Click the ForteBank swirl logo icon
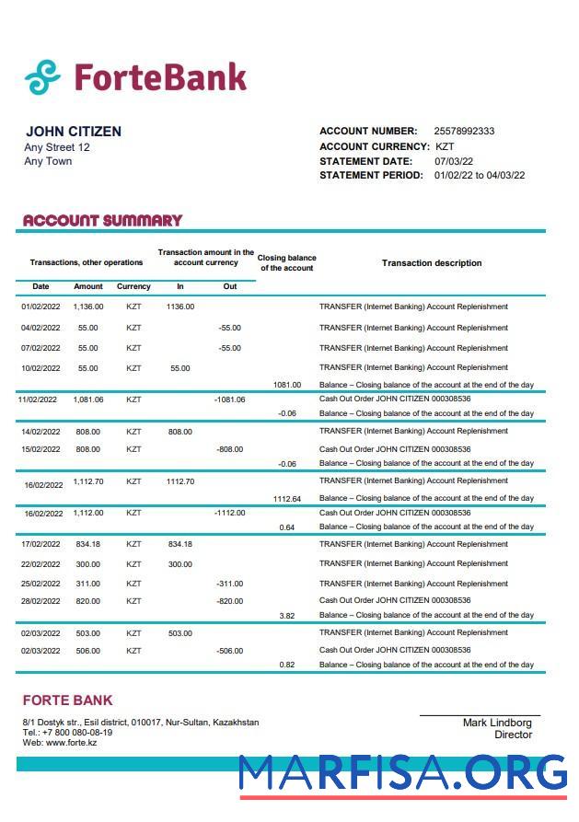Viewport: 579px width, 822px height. pos(42,77)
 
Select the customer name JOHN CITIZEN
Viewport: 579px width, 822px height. pos(74,132)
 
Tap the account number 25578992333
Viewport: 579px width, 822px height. pos(464,131)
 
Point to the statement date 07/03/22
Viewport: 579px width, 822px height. pos(453,161)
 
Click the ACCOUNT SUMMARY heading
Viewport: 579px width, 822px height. pos(102,220)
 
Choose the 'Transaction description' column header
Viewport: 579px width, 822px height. pos(432,263)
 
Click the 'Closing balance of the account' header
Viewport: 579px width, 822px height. pos(286,263)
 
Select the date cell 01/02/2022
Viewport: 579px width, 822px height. pos(41,307)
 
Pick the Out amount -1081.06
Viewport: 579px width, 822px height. pos(229,399)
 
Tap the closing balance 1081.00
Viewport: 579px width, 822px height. pos(286,385)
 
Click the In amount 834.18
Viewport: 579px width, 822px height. pos(180,544)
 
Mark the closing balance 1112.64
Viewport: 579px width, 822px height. pos(286,499)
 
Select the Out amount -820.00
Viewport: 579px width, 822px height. pos(229,601)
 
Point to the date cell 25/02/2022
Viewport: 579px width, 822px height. pos(41,584)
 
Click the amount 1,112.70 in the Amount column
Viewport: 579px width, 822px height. pos(88,481)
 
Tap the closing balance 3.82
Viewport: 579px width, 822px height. pos(287,616)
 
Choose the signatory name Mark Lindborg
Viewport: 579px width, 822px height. pos(497,723)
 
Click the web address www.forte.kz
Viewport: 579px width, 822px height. pos(71,742)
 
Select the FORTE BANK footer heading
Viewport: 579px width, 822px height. pos(67,700)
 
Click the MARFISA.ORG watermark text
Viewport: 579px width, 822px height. pos(403,773)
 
